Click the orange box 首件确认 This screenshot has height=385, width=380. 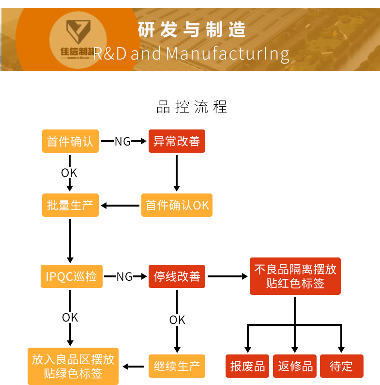[x=70, y=141]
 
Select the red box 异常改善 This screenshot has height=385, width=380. [x=176, y=141]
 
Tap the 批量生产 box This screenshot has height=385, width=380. [x=70, y=205]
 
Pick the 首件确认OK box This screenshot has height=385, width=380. [x=177, y=205]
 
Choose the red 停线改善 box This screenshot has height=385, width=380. [x=177, y=276]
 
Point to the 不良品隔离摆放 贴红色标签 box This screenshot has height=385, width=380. [x=295, y=276]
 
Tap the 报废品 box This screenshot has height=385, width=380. [x=247, y=366]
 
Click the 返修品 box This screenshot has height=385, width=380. [x=295, y=366]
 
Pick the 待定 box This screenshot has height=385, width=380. [x=341, y=366]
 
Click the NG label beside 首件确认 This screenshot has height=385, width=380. [x=122, y=142]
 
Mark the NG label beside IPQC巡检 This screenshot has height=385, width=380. [x=124, y=276]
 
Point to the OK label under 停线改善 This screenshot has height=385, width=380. [x=177, y=320]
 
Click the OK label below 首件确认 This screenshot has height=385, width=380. [x=69, y=173]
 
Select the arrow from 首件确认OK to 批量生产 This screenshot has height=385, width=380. [x=120, y=206]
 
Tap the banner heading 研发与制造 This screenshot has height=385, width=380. [x=192, y=30]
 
